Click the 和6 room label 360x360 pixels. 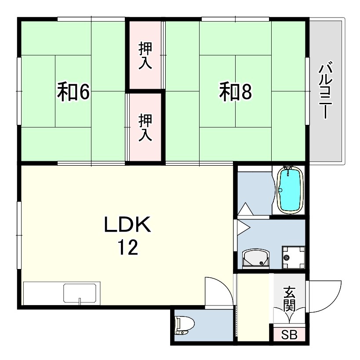click(73, 91)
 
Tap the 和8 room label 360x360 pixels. click(236, 91)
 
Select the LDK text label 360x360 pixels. click(128, 224)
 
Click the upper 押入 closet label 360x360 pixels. click(145, 56)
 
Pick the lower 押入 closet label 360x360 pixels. click(145, 127)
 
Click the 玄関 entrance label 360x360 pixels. click(289, 299)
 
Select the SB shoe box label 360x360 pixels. click(289, 335)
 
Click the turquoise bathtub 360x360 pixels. click(289, 190)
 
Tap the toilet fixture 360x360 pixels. click(184, 325)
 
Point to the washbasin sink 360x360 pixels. click(255, 258)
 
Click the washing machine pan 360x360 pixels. click(294, 258)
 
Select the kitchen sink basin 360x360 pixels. click(80, 293)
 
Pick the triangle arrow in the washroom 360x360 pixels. click(244, 227)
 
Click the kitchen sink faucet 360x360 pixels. click(80, 301)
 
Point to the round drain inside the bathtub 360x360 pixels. click(280, 190)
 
